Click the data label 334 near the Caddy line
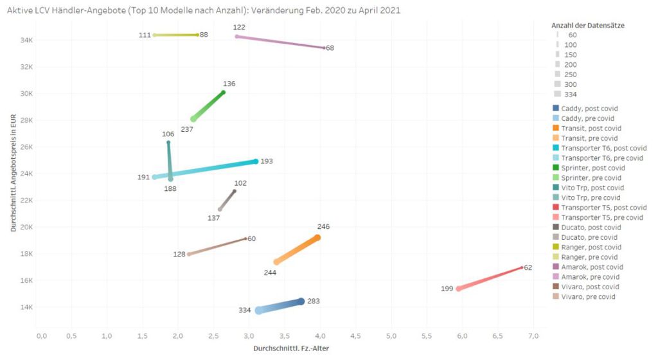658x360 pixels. pos(244,310)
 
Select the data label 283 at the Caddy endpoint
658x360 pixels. pos(313,301)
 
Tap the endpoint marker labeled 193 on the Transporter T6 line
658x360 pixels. pos(256,161)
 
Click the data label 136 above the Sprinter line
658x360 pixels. pos(229,84)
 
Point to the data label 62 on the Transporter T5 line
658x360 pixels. pos(528,267)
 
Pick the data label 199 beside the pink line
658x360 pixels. pos(447,289)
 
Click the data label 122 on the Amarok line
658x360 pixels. pos(239,28)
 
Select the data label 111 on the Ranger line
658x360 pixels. pos(145,35)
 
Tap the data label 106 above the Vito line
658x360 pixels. pos(168,134)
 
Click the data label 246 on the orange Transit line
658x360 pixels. pos(323,227)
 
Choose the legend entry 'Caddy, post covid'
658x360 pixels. pos(587,109)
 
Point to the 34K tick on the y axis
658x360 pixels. pos(26,40)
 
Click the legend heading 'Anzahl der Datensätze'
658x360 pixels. pos(588,25)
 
